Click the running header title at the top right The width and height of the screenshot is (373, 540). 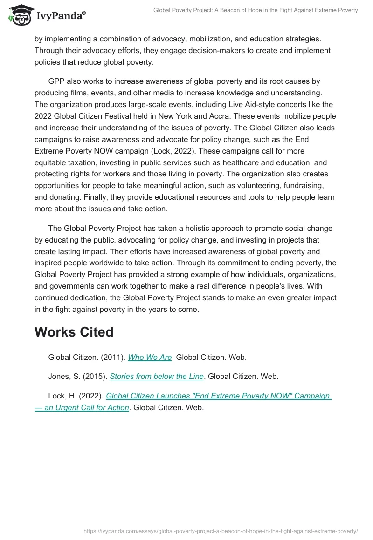256,10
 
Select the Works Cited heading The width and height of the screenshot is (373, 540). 74,332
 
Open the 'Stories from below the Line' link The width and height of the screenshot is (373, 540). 157,377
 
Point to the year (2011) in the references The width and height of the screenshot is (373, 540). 115,357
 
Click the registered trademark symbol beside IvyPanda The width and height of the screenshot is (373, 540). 84,13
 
